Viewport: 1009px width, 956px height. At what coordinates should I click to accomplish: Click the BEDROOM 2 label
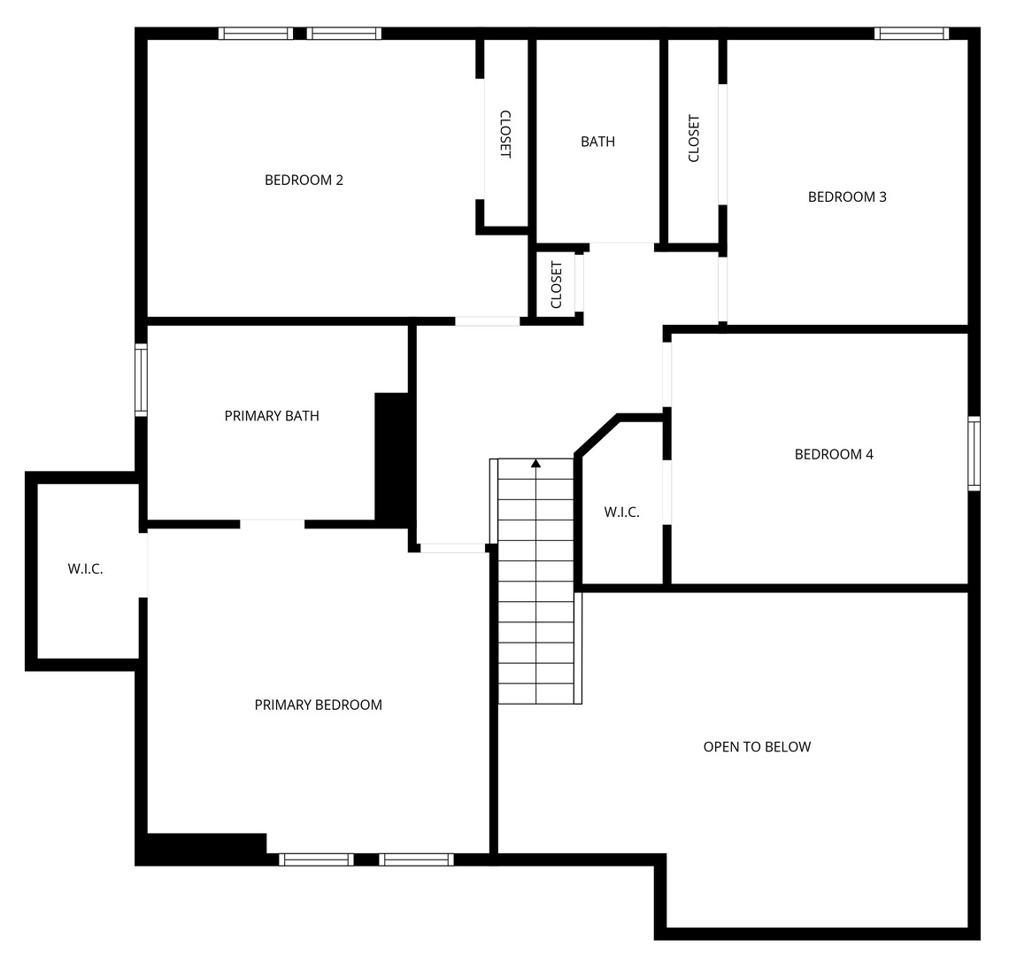(304, 180)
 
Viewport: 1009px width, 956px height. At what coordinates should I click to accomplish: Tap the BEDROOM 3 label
(846, 197)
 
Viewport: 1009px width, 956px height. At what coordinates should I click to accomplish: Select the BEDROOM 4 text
(833, 454)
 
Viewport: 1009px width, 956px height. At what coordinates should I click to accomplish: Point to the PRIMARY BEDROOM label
(318, 705)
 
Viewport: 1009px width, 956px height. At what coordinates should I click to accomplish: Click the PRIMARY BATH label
(272, 416)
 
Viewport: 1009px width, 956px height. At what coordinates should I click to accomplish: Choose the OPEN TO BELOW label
(757, 746)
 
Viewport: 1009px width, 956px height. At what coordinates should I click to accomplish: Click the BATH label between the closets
(597, 142)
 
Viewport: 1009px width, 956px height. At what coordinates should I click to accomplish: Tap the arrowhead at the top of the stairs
(535, 463)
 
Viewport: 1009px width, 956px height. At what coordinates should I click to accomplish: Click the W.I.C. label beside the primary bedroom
(85, 569)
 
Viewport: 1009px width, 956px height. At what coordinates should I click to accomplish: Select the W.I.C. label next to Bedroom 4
(621, 512)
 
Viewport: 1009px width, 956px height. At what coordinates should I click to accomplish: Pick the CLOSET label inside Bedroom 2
(505, 134)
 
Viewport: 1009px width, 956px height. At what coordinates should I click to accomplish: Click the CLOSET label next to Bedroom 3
(694, 138)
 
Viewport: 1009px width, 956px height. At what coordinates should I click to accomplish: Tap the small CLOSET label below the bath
(557, 284)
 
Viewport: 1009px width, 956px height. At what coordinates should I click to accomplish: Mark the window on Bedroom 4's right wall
(974, 453)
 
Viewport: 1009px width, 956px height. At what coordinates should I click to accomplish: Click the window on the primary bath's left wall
(141, 380)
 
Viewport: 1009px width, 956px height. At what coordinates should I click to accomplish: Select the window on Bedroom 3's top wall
(911, 34)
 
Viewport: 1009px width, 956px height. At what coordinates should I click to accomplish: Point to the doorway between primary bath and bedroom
(272, 524)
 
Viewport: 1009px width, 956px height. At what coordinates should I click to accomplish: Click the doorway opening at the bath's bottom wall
(621, 246)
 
